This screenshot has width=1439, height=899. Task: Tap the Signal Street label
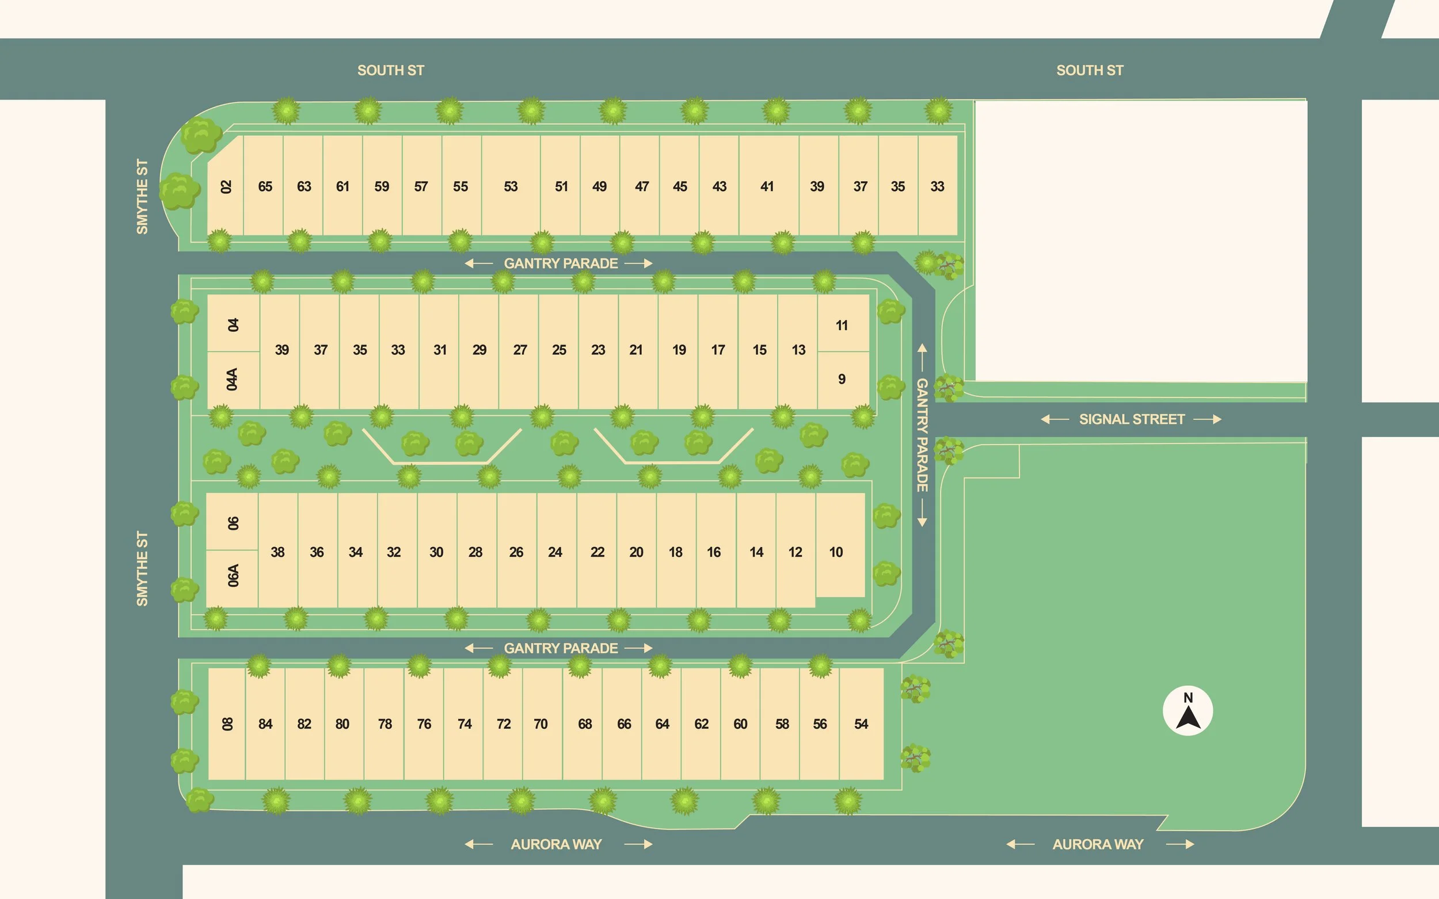tap(1132, 419)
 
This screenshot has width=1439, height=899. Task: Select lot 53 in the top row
tap(511, 186)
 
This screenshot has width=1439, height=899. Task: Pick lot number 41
tap(767, 186)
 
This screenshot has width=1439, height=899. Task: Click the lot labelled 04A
tap(233, 380)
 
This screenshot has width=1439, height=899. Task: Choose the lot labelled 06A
tap(233, 576)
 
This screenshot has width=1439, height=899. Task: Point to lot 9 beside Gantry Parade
tap(842, 378)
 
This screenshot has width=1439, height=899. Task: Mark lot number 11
tap(842, 325)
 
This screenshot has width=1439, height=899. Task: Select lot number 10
tap(836, 552)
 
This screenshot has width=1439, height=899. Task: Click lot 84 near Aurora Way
tap(265, 724)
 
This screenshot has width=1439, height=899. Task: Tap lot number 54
tap(861, 724)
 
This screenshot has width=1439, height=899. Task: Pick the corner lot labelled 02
tap(226, 186)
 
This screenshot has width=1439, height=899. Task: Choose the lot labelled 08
tap(227, 724)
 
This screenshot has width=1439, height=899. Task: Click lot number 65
tap(265, 186)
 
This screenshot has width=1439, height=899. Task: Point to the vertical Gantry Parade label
tap(922, 435)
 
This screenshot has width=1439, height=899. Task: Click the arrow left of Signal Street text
tap(1054, 419)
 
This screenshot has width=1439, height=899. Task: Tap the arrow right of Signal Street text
tap(1208, 419)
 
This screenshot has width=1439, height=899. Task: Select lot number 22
tap(597, 552)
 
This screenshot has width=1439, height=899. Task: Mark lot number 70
tap(540, 724)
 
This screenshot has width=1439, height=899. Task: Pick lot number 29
tap(479, 350)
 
